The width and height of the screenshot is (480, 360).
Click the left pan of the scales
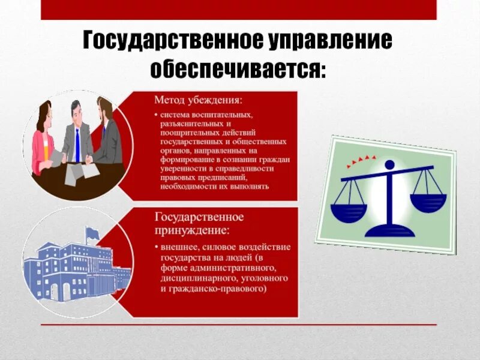coord(349,211)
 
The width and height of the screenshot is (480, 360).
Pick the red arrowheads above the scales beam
coord(361,160)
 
